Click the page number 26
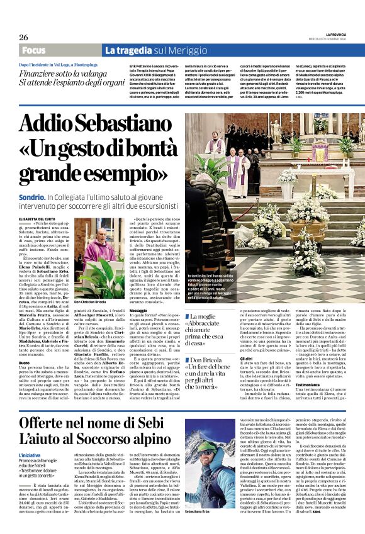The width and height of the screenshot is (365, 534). (24, 37)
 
